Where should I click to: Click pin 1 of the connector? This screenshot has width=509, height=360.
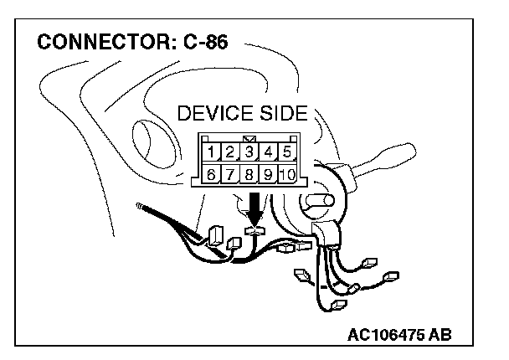[x=213, y=152]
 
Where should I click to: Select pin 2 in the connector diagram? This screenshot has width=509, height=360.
[x=231, y=152]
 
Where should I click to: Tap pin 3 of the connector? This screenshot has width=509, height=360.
[x=249, y=152]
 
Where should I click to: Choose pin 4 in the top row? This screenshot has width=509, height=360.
[x=267, y=152]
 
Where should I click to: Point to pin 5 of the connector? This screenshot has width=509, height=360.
[x=285, y=152]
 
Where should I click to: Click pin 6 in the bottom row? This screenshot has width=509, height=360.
[x=213, y=175]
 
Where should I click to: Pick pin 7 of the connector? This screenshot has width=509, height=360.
[x=231, y=175]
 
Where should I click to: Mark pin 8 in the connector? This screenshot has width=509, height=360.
[x=249, y=175]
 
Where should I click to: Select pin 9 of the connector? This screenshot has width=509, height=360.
[x=267, y=175]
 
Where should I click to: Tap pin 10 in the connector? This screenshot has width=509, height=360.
[x=285, y=175]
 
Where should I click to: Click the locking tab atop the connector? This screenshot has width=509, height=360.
[x=249, y=136]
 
